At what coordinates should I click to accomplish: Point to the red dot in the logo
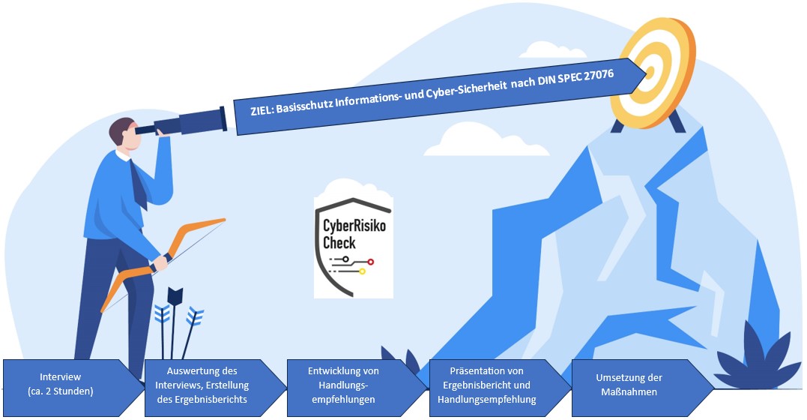click(x=370, y=262)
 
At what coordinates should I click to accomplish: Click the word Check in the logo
click(x=339, y=242)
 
